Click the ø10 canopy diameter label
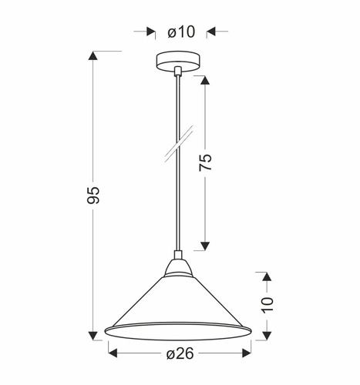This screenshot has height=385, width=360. tap(180, 32)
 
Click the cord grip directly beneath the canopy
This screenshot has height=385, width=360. tap(178, 73)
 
